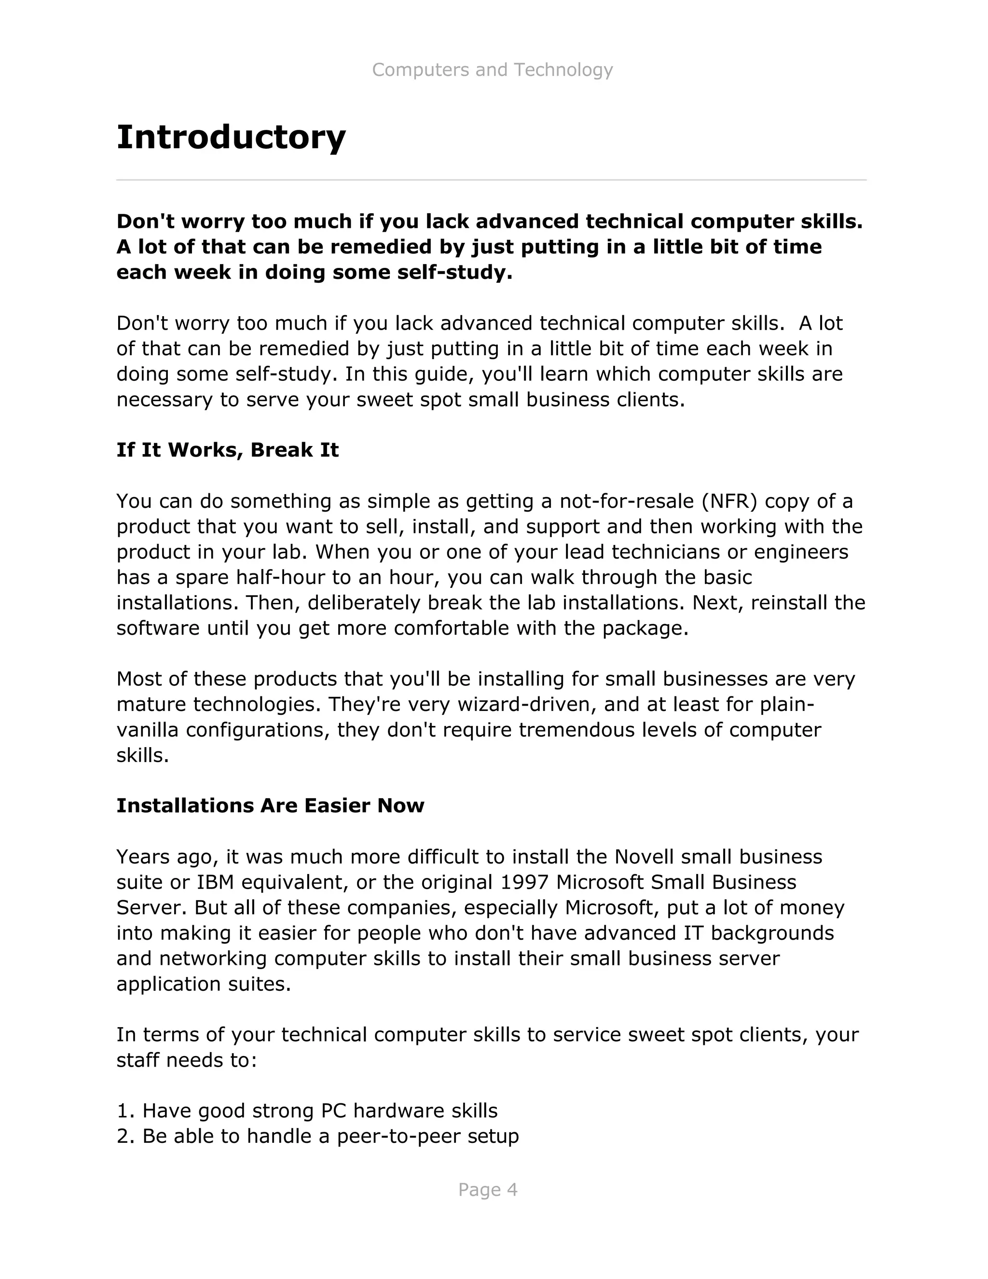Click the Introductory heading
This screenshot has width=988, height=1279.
pos(231,138)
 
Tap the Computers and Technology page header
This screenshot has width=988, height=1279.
pos(492,70)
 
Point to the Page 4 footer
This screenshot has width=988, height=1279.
pos(488,1189)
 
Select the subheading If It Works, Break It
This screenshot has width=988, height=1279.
pos(228,450)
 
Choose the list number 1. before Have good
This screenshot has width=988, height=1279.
pos(126,1111)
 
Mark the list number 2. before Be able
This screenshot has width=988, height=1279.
pos(126,1136)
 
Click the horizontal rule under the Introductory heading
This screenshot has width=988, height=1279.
pos(491,180)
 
